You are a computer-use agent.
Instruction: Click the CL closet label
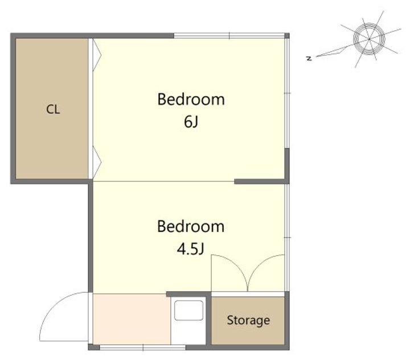pos(53,109)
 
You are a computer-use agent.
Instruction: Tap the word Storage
pos(248,320)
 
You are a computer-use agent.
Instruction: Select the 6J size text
pos(191,122)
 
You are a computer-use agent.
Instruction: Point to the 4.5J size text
pos(190,249)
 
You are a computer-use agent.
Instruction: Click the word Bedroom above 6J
pos(191,99)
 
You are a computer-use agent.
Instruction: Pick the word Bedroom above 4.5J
pos(191,226)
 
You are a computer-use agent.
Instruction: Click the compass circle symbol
pos(369,39)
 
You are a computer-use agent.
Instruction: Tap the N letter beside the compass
pos(309,58)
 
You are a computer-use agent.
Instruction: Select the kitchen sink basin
pos(188,310)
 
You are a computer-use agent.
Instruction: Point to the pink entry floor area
pos(132,319)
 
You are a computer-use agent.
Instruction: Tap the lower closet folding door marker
pos(97,162)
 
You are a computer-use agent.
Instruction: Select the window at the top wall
pos(229,35)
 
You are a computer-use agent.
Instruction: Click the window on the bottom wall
pos(143,347)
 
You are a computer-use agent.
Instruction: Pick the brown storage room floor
pos(248,321)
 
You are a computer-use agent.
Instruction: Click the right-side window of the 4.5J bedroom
pos(287,238)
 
